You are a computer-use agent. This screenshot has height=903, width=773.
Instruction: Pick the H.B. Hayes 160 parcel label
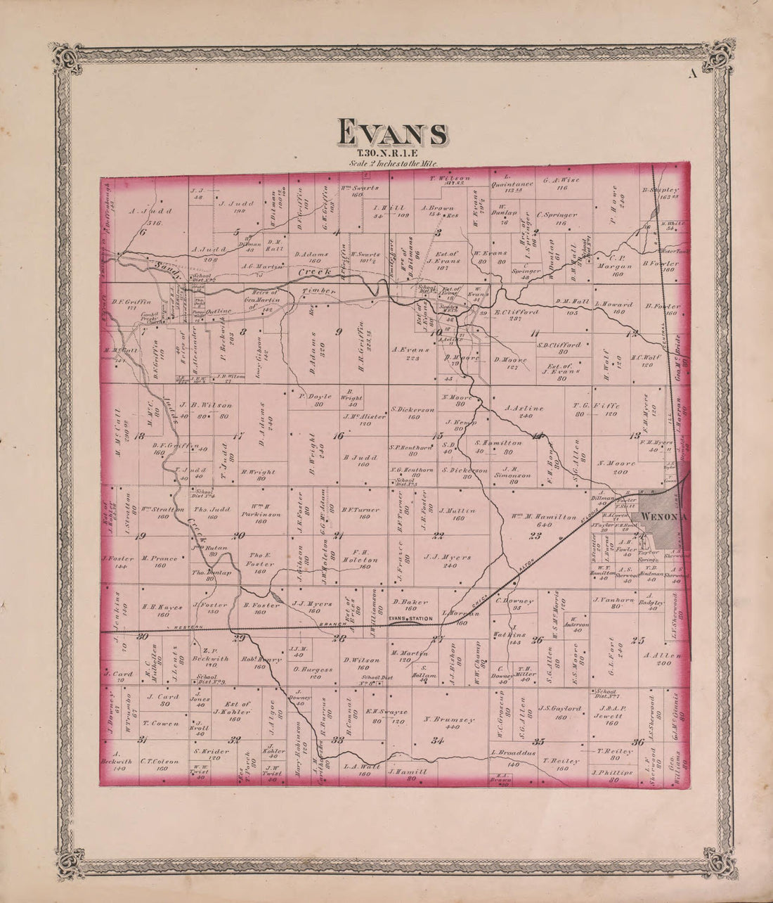coord(157,610)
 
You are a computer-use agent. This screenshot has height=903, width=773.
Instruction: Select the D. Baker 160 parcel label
coord(406,605)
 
